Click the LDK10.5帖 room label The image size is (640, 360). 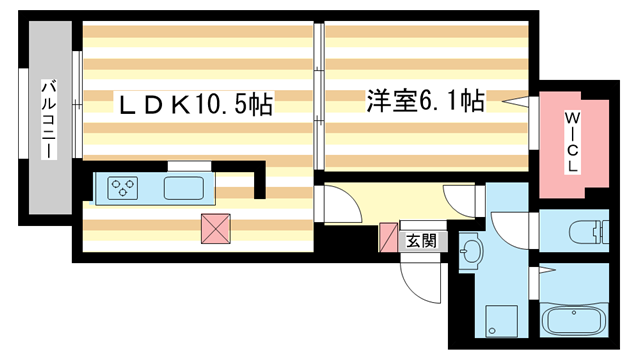(x=196, y=104)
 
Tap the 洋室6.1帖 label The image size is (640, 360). (x=425, y=100)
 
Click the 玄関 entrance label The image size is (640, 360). (x=421, y=240)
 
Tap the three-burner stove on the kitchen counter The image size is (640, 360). (x=124, y=186)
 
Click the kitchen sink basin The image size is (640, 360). (x=183, y=187)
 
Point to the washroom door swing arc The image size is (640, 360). (x=505, y=230)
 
